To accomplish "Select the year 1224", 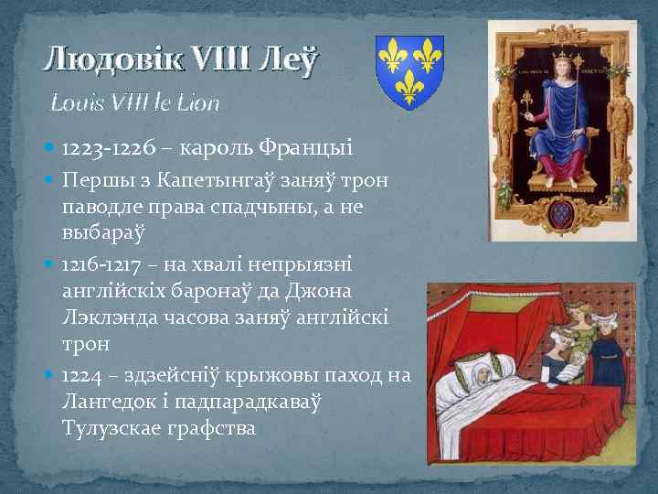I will click(81, 375).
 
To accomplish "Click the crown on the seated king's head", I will click(557, 52).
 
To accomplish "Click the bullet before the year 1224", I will click(49, 376).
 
